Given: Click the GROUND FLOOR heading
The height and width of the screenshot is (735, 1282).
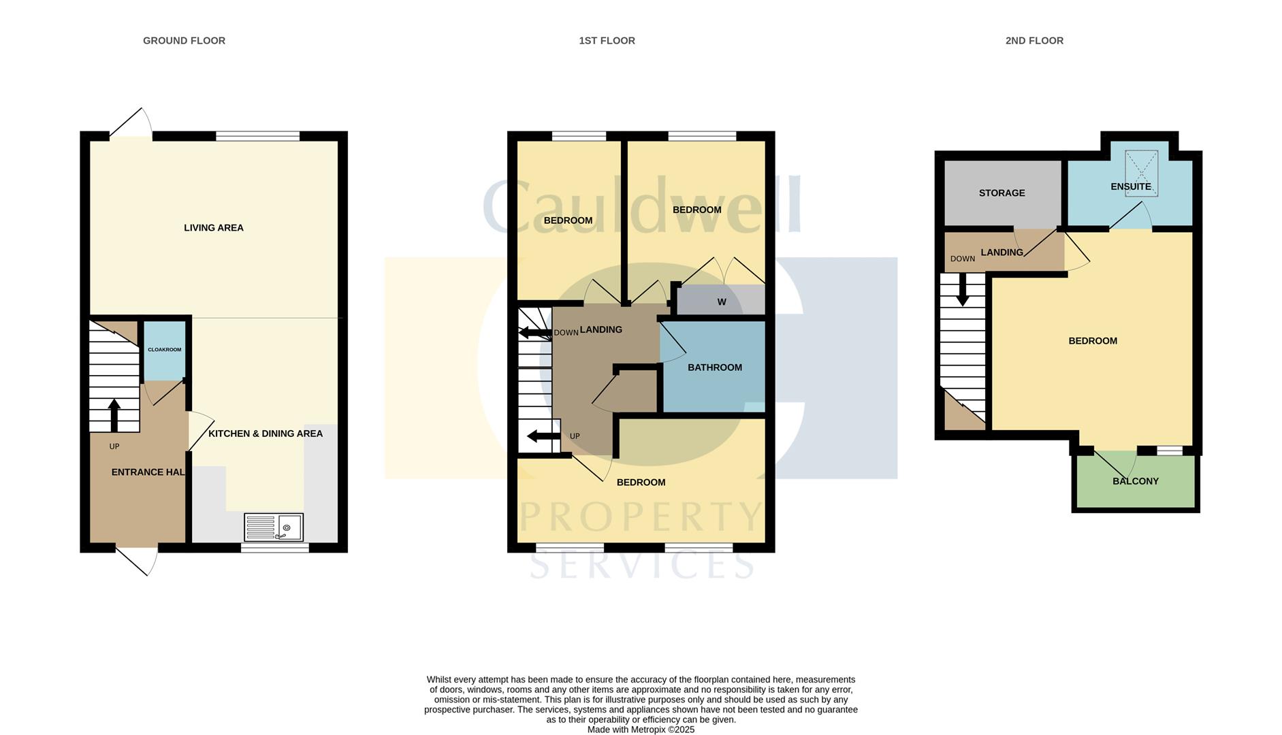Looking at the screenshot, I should point(184,41).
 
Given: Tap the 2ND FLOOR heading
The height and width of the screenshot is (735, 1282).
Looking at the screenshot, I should point(1033,41).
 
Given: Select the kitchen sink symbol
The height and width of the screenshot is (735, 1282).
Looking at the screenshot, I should point(274,527).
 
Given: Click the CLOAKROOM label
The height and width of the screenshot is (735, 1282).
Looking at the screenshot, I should point(164,350).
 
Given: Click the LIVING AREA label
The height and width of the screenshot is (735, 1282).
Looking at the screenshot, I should point(213,228).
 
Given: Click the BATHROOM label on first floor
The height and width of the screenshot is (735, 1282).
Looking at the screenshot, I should point(714,367).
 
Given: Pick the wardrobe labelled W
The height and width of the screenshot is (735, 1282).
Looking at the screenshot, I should point(721,302).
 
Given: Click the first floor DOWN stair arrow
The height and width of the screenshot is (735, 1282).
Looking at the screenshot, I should point(534,333).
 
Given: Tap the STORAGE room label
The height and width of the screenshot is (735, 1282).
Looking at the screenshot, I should point(1001,193).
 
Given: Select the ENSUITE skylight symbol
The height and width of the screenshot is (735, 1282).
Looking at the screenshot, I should point(1141,173).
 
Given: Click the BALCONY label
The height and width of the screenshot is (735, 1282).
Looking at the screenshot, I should point(1135,481).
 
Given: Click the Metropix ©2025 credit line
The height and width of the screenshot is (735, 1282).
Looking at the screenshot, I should point(641,729).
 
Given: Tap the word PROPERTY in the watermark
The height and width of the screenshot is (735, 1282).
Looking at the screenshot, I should point(640,517).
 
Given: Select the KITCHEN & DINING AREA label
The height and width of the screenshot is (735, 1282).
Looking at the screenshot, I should point(265,434).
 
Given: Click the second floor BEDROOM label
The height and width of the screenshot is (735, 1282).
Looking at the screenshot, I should point(1092,341).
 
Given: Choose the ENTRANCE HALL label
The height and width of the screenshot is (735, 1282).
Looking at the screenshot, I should point(148,472).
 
